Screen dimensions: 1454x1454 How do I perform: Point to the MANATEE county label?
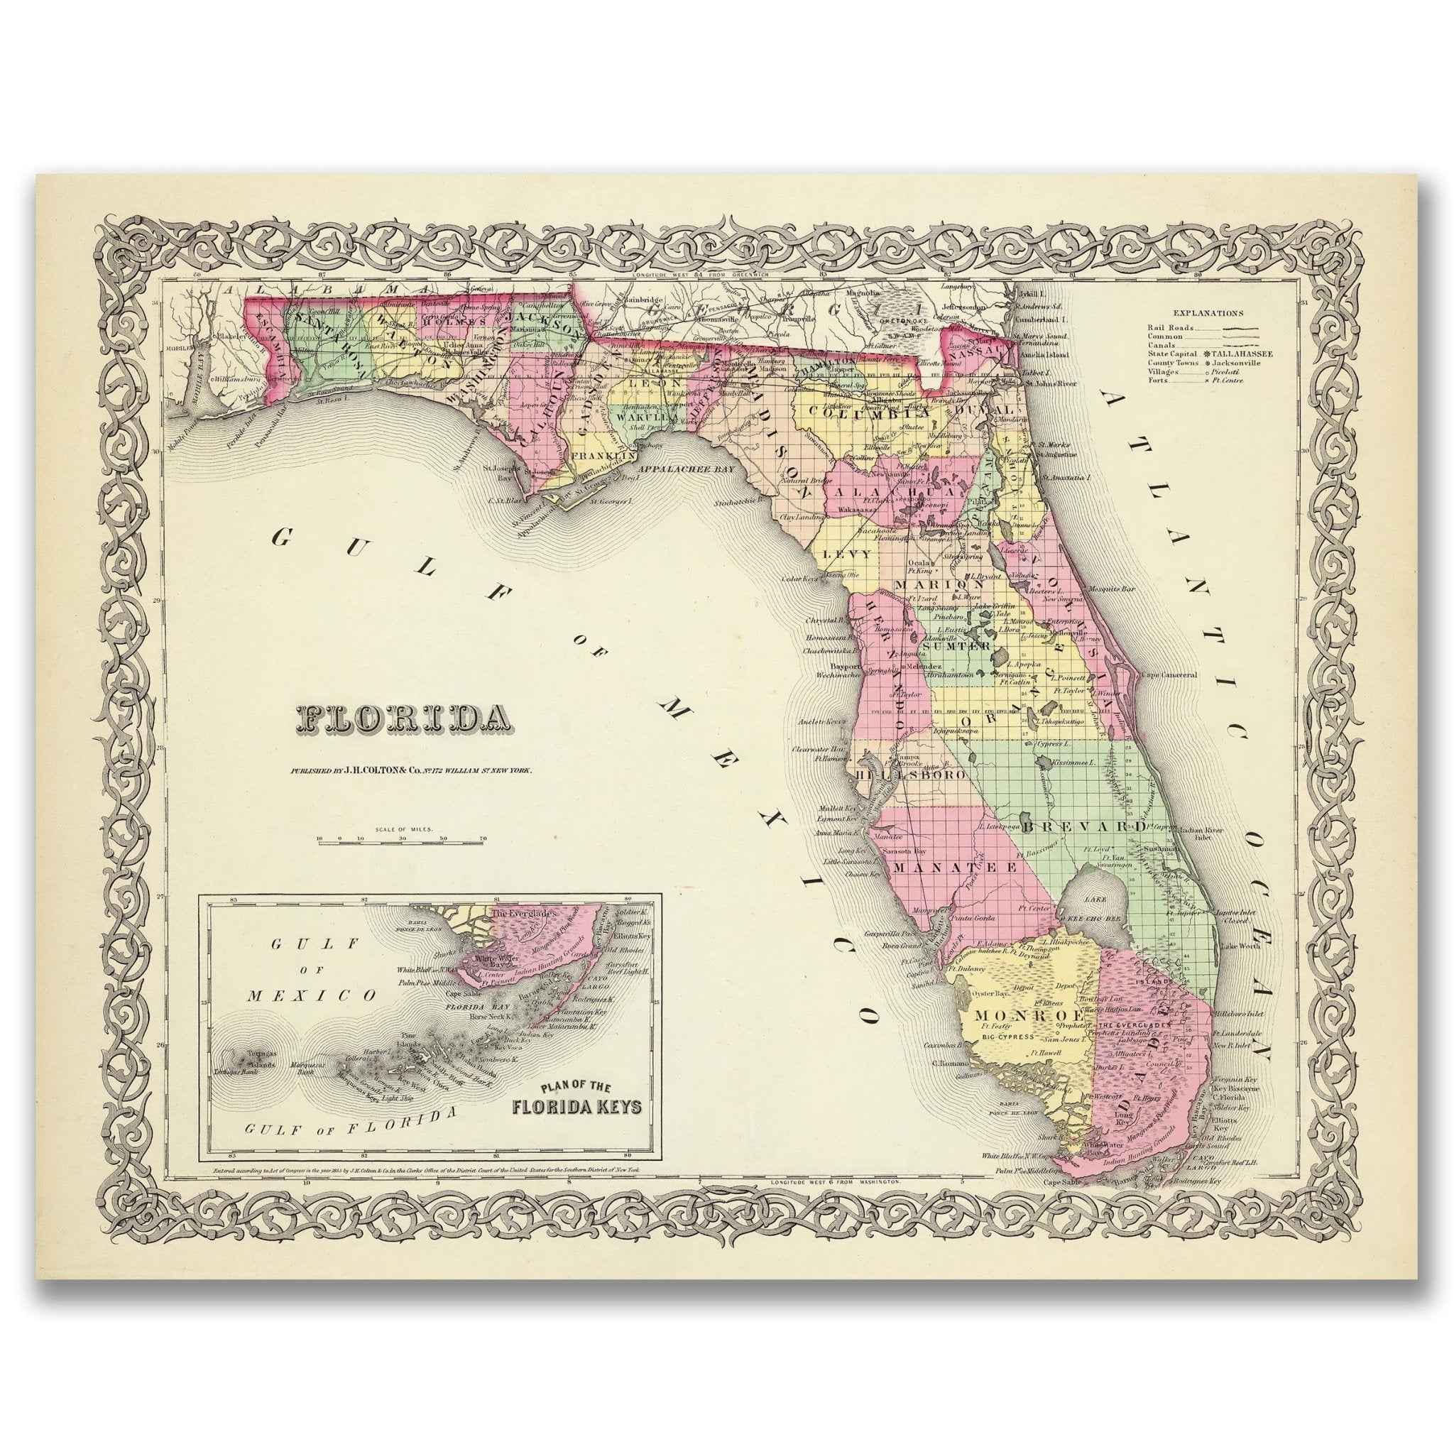956,867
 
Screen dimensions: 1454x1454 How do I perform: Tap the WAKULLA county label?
638,416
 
